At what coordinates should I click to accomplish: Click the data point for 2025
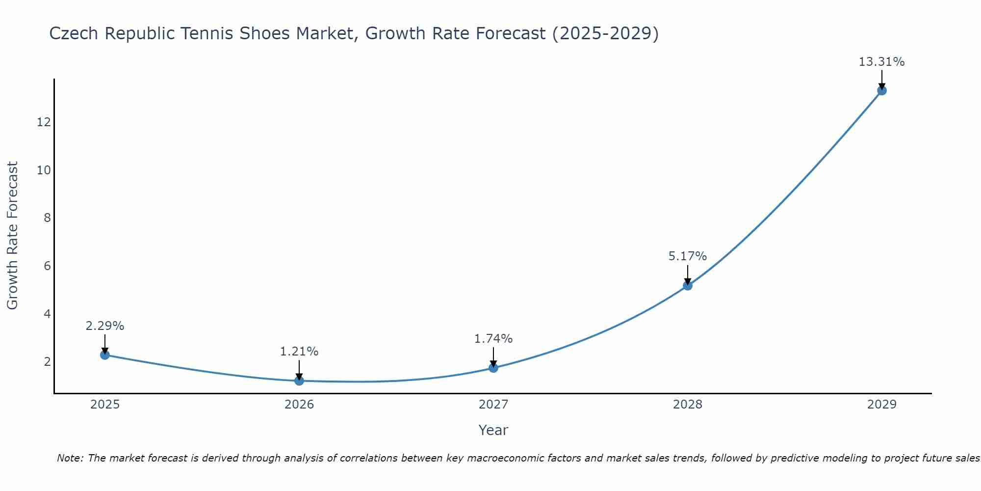(x=105, y=355)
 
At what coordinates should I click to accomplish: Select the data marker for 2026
(x=299, y=381)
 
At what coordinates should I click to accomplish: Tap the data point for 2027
(x=493, y=368)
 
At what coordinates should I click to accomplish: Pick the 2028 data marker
(x=688, y=285)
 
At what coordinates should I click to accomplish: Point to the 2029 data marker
(x=882, y=90)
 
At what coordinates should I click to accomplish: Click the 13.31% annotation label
(x=881, y=62)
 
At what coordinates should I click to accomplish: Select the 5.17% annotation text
(x=687, y=256)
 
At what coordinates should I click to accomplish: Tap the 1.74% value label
(x=493, y=339)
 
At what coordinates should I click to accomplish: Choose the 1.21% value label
(x=299, y=352)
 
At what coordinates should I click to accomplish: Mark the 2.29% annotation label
(x=104, y=326)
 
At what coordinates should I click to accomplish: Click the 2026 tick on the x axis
(x=299, y=405)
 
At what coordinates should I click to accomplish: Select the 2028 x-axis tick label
(x=688, y=405)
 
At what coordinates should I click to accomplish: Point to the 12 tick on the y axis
(x=44, y=122)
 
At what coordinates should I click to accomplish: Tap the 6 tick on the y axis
(x=47, y=266)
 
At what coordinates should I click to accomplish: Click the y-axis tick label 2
(x=47, y=362)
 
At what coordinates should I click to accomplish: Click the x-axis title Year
(x=493, y=430)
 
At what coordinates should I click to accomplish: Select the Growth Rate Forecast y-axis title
(x=12, y=236)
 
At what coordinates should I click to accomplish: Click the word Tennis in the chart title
(x=208, y=33)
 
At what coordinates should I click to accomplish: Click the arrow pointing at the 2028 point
(x=688, y=275)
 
